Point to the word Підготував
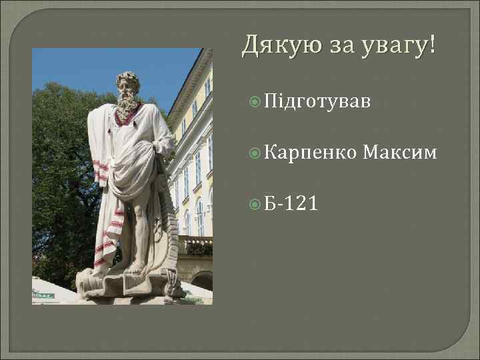click(x=316, y=102)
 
